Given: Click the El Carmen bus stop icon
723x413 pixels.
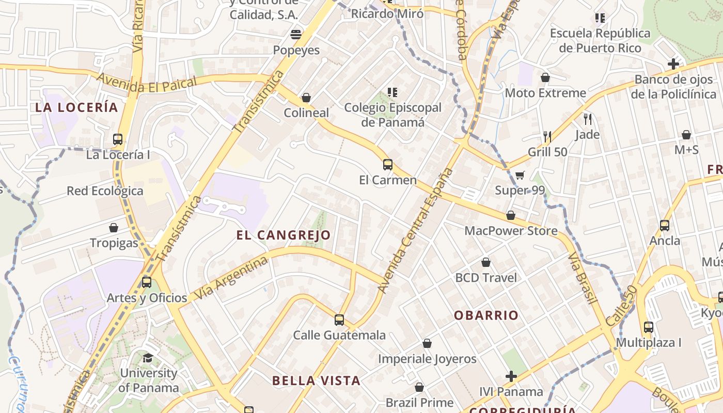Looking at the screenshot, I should click(x=387, y=165).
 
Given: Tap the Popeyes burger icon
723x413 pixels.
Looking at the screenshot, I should click(x=296, y=35).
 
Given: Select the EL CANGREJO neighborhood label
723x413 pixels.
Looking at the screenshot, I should click(x=284, y=235).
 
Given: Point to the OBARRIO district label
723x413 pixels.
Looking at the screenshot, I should click(x=486, y=315).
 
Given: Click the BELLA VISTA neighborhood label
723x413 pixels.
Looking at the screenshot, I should click(x=316, y=381).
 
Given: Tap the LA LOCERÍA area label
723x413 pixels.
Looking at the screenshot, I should click(x=76, y=107).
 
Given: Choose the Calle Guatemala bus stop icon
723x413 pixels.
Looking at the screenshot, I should click(x=339, y=320).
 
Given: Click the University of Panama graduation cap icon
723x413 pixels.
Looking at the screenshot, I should click(x=148, y=357).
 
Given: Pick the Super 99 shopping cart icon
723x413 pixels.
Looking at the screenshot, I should click(x=520, y=175).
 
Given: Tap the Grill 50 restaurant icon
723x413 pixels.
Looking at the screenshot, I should click(x=547, y=137).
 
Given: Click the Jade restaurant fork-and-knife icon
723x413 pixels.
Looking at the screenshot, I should click(x=587, y=119).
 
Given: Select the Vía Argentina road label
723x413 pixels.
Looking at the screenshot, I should click(x=231, y=279).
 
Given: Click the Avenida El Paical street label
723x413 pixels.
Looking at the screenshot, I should click(x=147, y=83).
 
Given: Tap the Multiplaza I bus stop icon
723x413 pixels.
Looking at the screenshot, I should click(x=648, y=327).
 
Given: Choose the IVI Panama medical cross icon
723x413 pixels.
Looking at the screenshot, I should click(x=511, y=376).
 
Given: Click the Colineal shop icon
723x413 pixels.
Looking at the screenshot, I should click(x=306, y=98).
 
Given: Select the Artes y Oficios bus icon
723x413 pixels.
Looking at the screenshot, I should click(x=147, y=282).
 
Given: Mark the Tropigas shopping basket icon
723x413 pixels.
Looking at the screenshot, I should click(x=114, y=228).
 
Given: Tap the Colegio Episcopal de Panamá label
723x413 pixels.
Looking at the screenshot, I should click(x=392, y=115).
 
